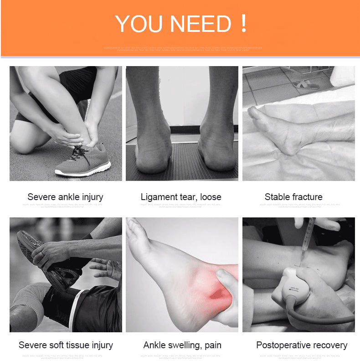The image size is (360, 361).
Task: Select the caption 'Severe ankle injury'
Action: pyautogui.click(x=65, y=197)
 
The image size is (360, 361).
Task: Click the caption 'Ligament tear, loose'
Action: pyautogui.click(x=181, y=197)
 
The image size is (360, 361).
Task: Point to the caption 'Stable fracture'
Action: pyautogui.click(x=293, y=197)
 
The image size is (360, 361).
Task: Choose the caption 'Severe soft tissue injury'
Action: pyautogui.click(x=66, y=345)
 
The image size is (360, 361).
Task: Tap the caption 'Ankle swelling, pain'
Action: pyautogui.click(x=182, y=345)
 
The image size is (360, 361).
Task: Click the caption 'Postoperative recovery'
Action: pyautogui.click(x=302, y=345)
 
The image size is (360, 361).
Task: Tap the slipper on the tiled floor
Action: pyautogui.click(x=307, y=84)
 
